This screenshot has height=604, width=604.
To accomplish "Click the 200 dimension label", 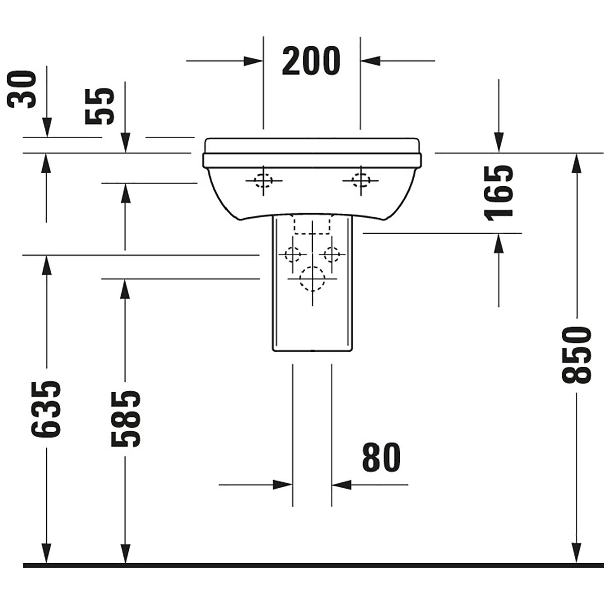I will pyautogui.click(x=311, y=61).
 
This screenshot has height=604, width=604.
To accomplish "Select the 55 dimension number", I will pyautogui.click(x=100, y=106).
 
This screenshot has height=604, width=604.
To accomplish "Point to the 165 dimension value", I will pyautogui.click(x=499, y=192).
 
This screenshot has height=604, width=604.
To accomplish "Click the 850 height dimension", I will pyautogui.click(x=576, y=354).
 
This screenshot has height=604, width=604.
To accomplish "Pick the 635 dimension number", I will pyautogui.click(x=46, y=408).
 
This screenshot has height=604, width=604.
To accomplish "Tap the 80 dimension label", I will pyautogui.click(x=381, y=458).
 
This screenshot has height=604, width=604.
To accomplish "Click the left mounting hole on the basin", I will pyautogui.click(x=263, y=180).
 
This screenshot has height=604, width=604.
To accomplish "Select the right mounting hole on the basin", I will pyautogui.click(x=360, y=180).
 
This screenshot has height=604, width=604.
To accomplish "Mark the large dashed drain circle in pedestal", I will pyautogui.click(x=312, y=278).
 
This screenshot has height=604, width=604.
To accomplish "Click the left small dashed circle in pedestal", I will pyautogui.click(x=292, y=254).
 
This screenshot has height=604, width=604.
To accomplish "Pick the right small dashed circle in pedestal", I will pyautogui.click(x=331, y=254).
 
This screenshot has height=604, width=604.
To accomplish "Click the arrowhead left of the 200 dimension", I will pyautogui.click(x=254, y=61).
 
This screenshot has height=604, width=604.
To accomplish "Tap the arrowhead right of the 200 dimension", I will pyautogui.click(x=369, y=61).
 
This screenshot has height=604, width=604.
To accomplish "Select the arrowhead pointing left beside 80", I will pyautogui.click(x=341, y=485).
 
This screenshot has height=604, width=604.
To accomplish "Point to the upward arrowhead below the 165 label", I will pyautogui.click(x=499, y=243).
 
